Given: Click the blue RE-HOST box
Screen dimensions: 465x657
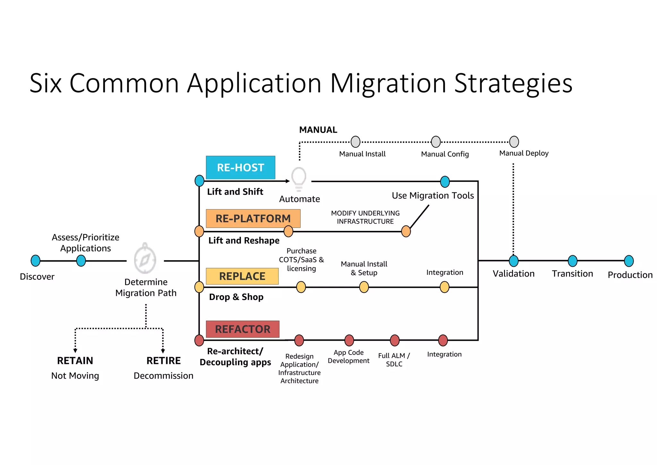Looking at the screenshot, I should (x=240, y=167).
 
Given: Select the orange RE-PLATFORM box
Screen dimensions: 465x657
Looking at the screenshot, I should (x=253, y=218).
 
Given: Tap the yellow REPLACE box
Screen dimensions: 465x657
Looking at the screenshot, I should (x=242, y=276).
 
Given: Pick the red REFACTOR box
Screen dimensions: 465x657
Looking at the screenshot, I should (x=243, y=329).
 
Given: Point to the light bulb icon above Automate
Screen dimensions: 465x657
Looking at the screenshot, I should (x=299, y=179).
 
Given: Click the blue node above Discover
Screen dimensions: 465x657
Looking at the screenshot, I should (x=36, y=261).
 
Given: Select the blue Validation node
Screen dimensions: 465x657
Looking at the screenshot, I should (x=514, y=261).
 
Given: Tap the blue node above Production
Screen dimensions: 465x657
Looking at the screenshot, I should (x=629, y=261).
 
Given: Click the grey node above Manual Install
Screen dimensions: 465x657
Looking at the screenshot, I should (x=355, y=142).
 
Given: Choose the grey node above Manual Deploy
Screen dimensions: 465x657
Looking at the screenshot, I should (x=514, y=142).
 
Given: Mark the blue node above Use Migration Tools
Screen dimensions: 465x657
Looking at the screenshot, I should (x=445, y=182).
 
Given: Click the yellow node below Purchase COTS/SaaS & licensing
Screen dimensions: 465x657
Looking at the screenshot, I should (x=301, y=287).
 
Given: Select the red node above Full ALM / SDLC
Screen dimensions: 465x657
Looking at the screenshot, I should (x=395, y=340).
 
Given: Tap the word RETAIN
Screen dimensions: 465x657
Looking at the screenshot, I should (x=75, y=361).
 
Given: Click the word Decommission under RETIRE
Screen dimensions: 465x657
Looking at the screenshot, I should (x=163, y=376).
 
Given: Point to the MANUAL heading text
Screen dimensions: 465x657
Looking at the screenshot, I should (x=318, y=130).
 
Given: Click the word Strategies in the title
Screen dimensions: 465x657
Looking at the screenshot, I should (x=513, y=83).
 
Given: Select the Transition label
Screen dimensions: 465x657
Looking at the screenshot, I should (x=572, y=274).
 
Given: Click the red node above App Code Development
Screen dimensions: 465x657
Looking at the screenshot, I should (x=349, y=340).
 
